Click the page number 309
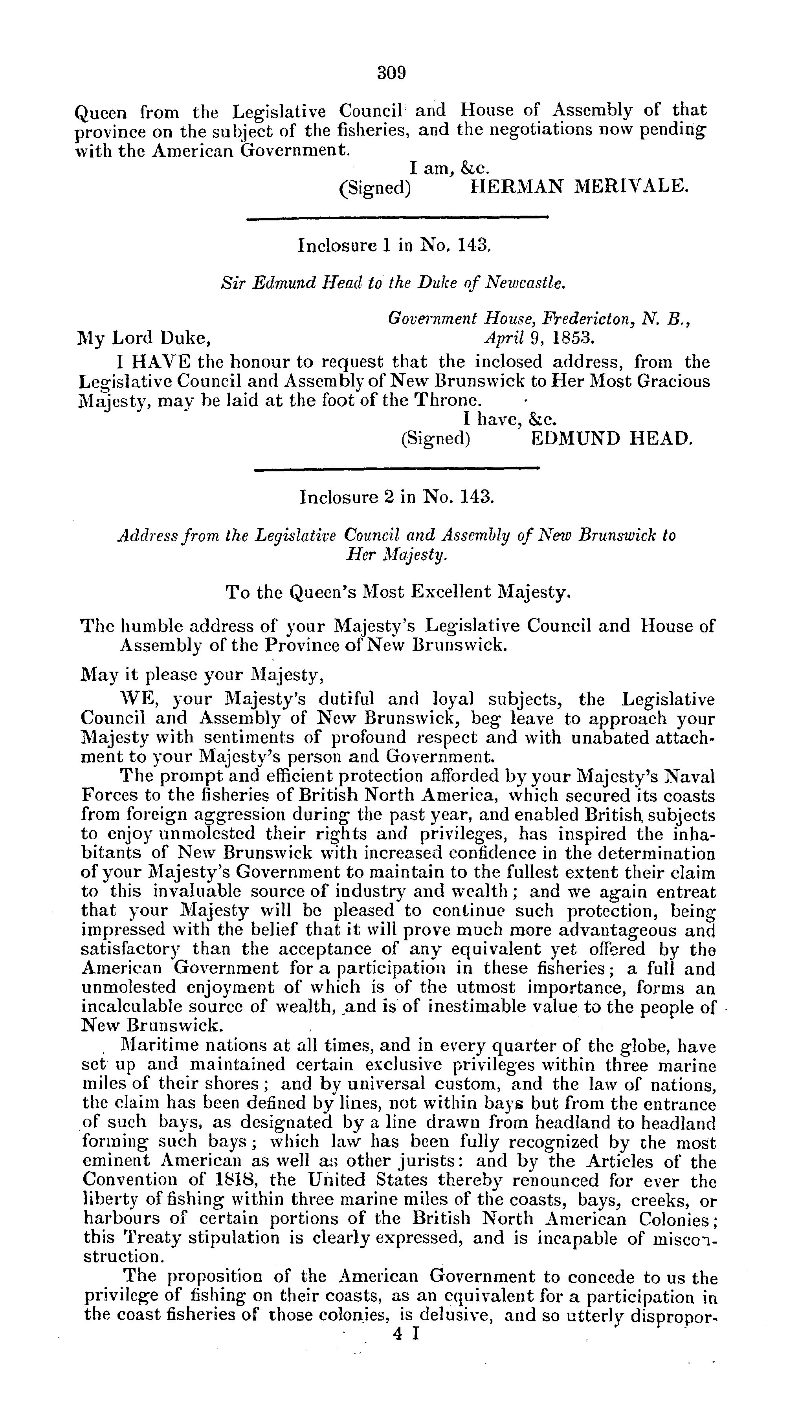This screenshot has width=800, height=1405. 391,73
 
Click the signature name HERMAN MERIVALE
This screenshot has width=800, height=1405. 579,187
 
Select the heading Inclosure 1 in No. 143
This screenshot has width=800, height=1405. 393,245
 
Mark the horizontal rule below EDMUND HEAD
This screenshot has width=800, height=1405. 397,469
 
